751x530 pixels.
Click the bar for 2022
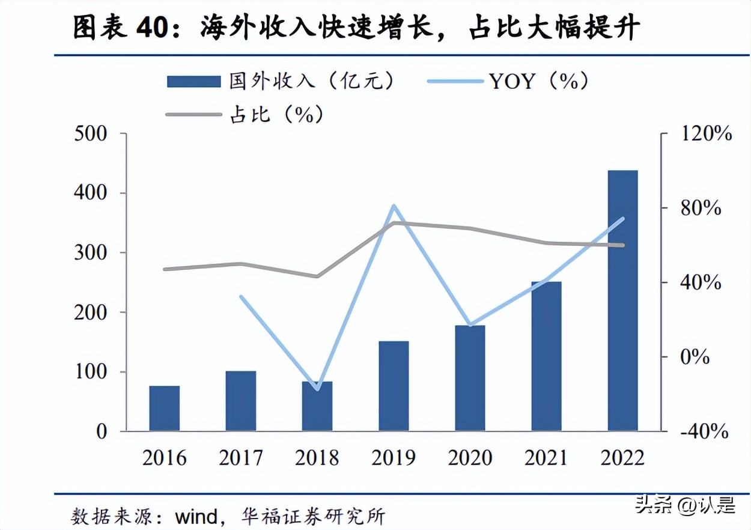point(622,300)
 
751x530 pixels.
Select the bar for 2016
point(164,409)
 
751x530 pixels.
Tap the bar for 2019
point(394,386)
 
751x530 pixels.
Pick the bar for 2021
point(546,356)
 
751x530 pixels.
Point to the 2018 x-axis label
point(317,458)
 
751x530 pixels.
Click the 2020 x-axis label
point(470,458)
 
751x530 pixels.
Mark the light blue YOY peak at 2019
point(394,206)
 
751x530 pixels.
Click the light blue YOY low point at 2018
point(317,389)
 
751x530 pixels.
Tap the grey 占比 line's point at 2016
point(165,269)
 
